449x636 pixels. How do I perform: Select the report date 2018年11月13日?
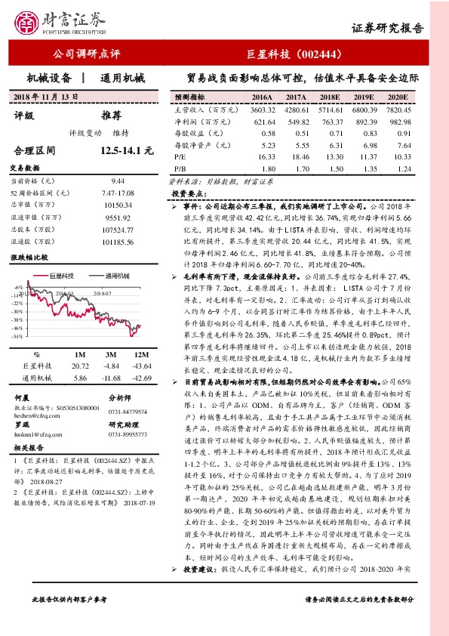[48, 97]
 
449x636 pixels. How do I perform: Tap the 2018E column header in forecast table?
[330, 98]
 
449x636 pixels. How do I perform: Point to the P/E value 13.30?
[330, 156]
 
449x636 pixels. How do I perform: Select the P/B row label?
[180, 167]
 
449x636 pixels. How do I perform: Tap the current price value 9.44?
[118, 181]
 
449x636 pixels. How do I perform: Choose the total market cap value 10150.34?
[118, 205]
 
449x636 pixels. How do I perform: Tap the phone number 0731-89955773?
[128, 435]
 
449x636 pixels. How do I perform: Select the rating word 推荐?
[111, 115]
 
